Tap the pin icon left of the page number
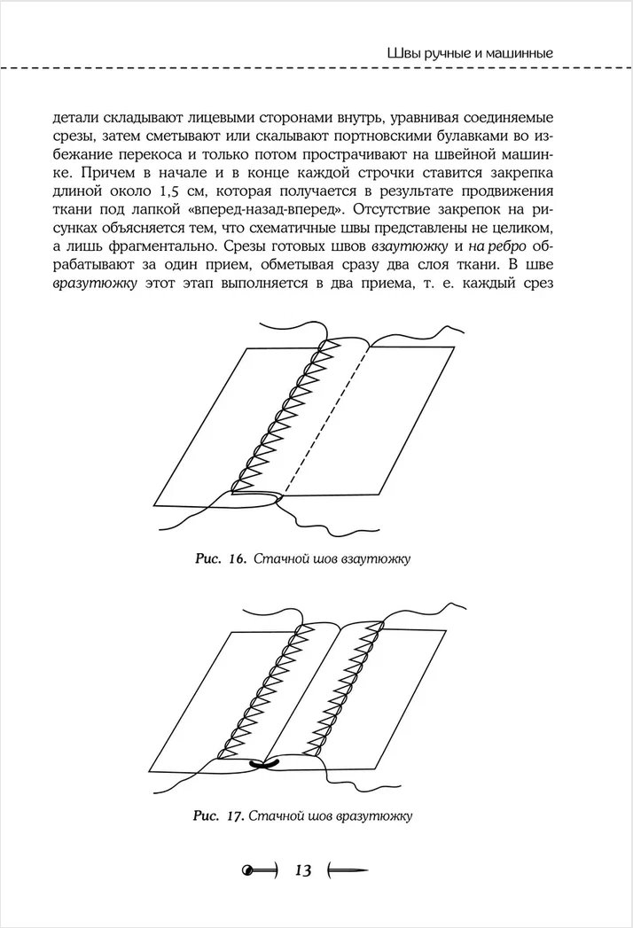[257, 870]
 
